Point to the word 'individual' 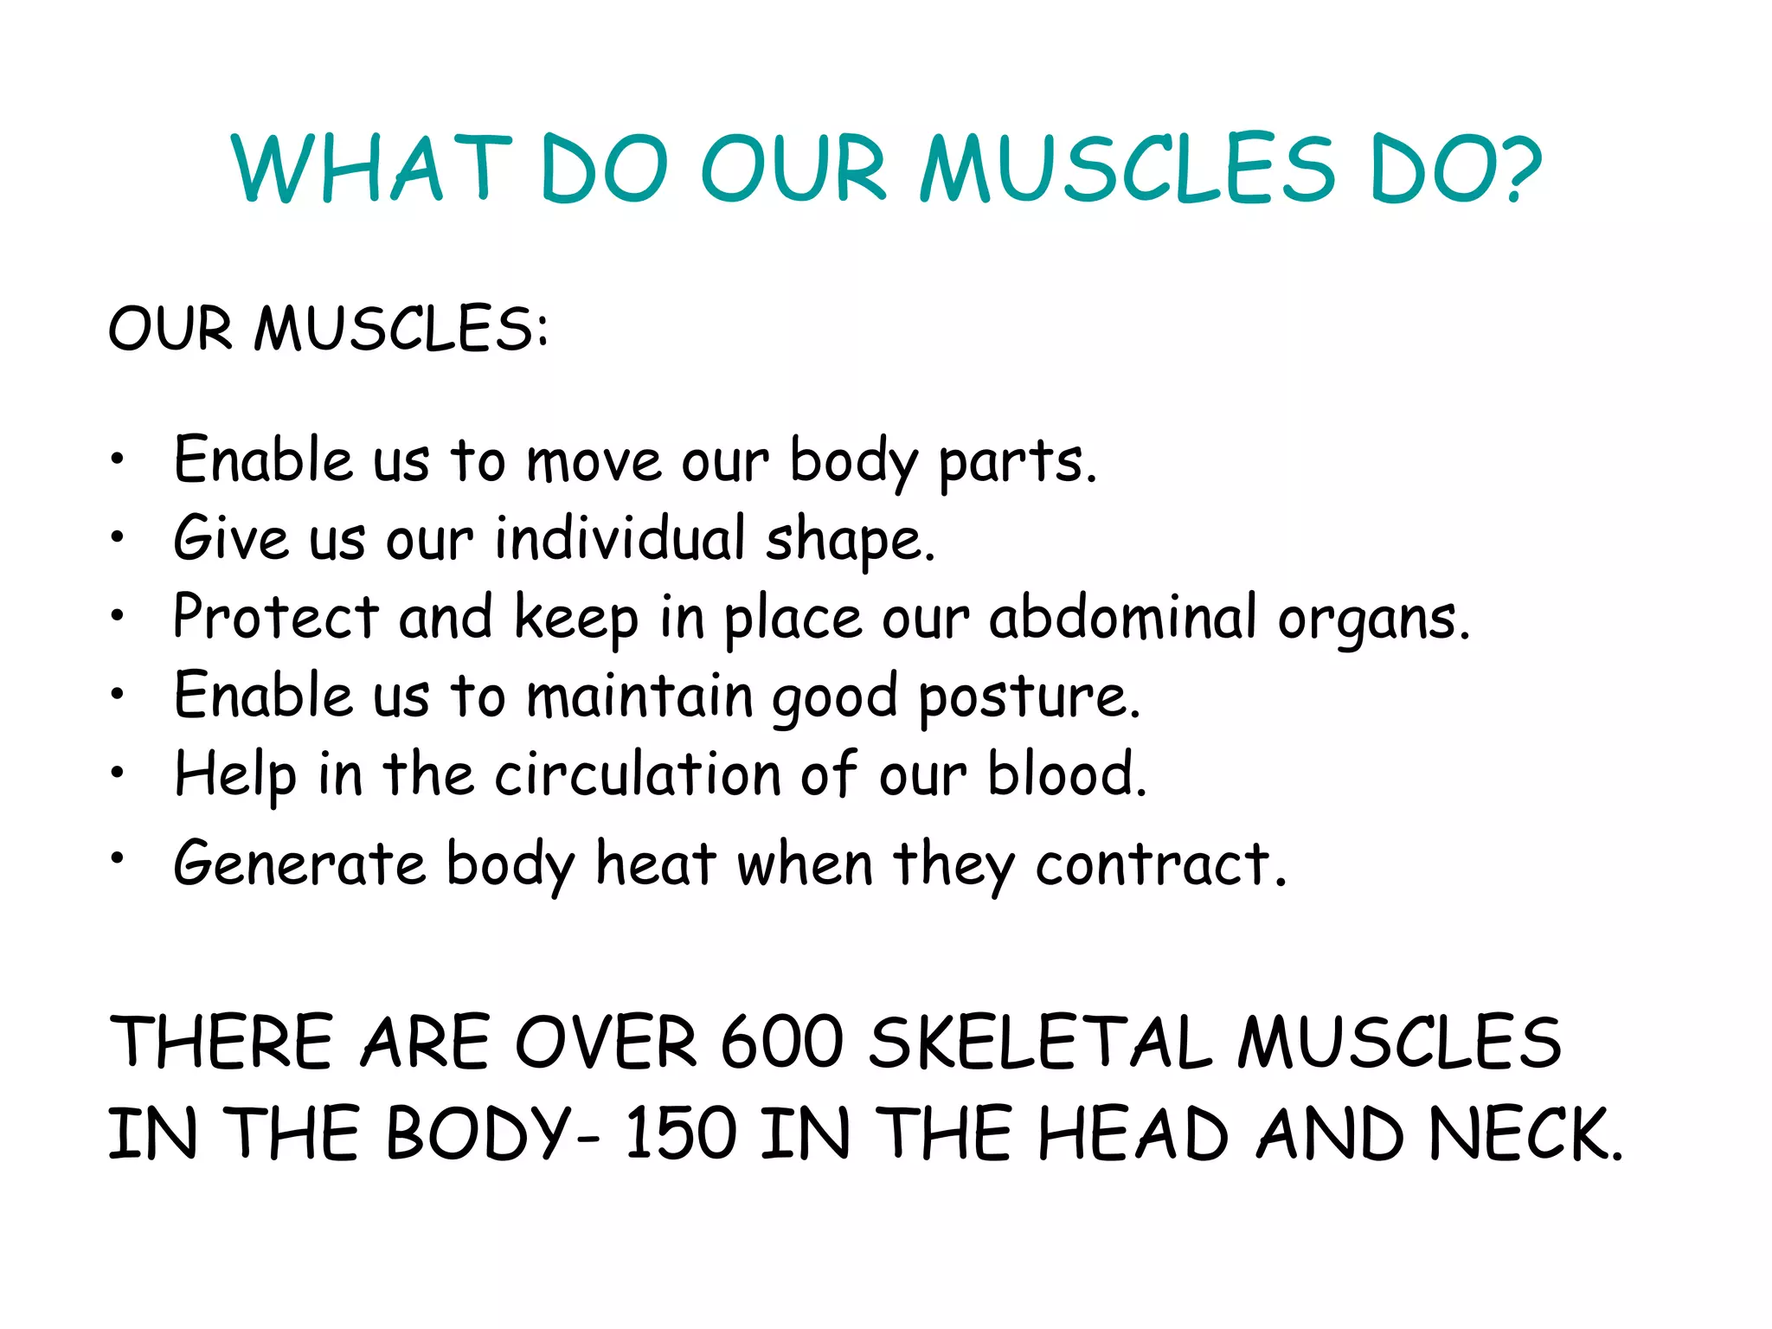tap(620, 538)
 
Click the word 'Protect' tap(275, 617)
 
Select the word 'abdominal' tap(1122, 617)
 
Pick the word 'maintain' tap(640, 696)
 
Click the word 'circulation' tap(638, 774)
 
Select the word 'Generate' tap(299, 864)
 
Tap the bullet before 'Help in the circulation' tap(118, 773)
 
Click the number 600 tap(781, 1042)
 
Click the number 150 tap(680, 1133)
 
